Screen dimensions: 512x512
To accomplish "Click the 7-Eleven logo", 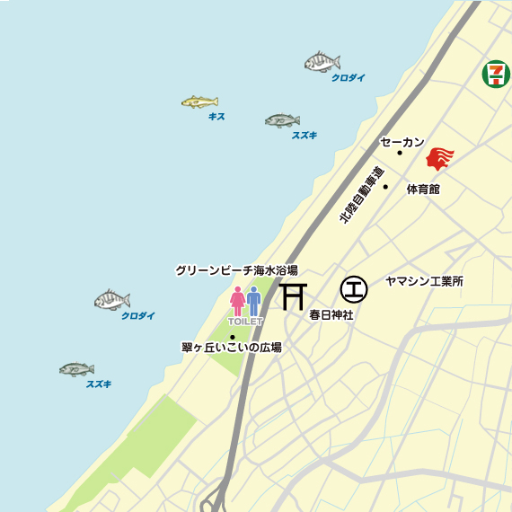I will click(x=495, y=74).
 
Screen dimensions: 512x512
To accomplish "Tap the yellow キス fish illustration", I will click(x=199, y=102).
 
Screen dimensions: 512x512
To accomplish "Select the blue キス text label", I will click(x=216, y=117).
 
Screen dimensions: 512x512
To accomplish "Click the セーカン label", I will click(x=402, y=141).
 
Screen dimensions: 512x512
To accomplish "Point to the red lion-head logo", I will click(x=439, y=159).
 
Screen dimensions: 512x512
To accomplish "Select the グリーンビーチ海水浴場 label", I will click(x=236, y=269).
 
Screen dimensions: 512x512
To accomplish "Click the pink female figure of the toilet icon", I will click(x=238, y=301).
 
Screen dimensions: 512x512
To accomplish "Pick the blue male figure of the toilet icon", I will click(x=254, y=301).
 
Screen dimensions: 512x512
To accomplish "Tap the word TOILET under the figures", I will click(x=245, y=321).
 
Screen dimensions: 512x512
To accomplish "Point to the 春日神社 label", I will click(x=331, y=315).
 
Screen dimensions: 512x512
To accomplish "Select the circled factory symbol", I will click(x=354, y=289).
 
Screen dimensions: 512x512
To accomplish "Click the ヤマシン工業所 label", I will click(x=424, y=281).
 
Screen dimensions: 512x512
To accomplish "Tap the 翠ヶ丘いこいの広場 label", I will click(x=231, y=347).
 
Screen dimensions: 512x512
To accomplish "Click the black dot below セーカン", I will click(x=400, y=153).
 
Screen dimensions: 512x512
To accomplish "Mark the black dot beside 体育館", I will click(x=385, y=187).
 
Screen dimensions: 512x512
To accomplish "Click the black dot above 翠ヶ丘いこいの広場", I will click(x=233, y=337).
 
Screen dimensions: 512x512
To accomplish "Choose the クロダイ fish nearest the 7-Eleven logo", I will click(x=322, y=62).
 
